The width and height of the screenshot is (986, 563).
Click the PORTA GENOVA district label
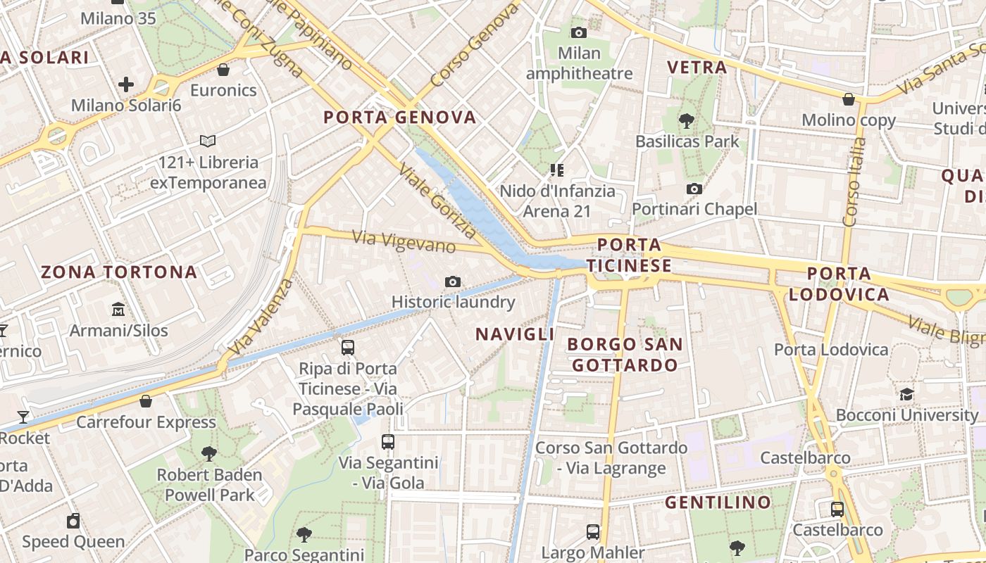(x=399, y=118)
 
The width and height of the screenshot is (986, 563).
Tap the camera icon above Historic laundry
(x=453, y=282)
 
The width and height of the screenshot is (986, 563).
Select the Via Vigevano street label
(x=404, y=241)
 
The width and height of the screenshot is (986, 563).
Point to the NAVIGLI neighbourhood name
(x=515, y=334)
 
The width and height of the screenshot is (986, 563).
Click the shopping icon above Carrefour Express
(x=145, y=401)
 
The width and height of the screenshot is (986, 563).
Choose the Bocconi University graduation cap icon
(x=906, y=394)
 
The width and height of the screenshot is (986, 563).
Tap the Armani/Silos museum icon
(x=118, y=309)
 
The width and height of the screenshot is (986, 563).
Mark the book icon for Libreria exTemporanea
(x=208, y=141)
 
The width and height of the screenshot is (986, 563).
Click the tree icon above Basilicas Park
(x=687, y=120)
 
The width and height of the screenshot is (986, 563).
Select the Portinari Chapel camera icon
(x=694, y=189)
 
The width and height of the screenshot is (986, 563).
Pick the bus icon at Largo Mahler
(x=593, y=531)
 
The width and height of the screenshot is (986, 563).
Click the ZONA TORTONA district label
(x=119, y=272)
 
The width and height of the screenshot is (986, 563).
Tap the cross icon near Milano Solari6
(x=126, y=85)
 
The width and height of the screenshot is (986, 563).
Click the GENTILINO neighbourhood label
(x=718, y=502)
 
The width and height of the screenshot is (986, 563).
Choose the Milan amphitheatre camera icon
(x=579, y=32)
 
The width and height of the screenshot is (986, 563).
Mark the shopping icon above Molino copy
(x=849, y=99)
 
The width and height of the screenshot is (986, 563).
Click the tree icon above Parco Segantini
(x=304, y=534)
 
